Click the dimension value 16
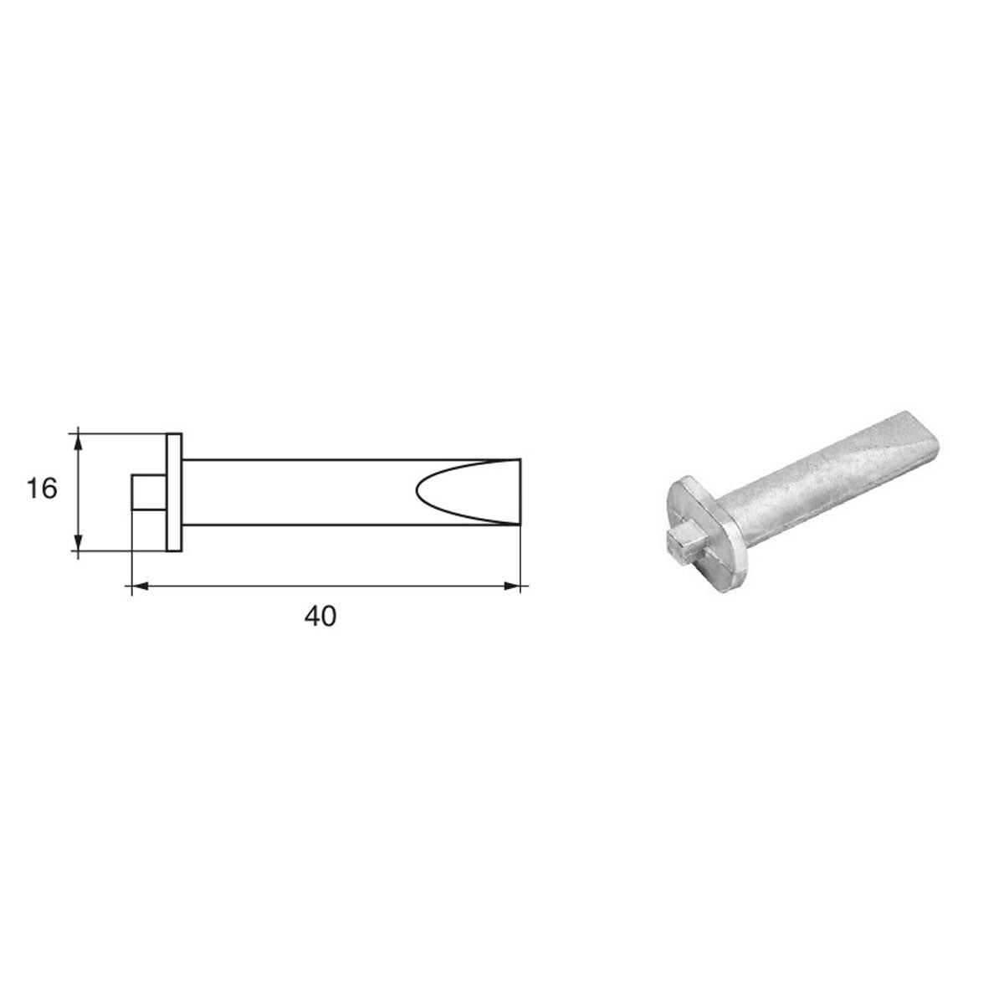tap(42, 489)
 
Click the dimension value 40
tap(320, 617)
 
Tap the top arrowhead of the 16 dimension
tap(78, 439)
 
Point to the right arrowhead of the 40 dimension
tap(511, 587)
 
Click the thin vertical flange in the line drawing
tap(174, 492)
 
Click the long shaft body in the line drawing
tap(301, 492)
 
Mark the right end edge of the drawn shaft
tap(520, 492)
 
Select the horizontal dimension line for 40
tap(326, 587)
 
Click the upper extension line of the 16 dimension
tap(121, 433)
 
